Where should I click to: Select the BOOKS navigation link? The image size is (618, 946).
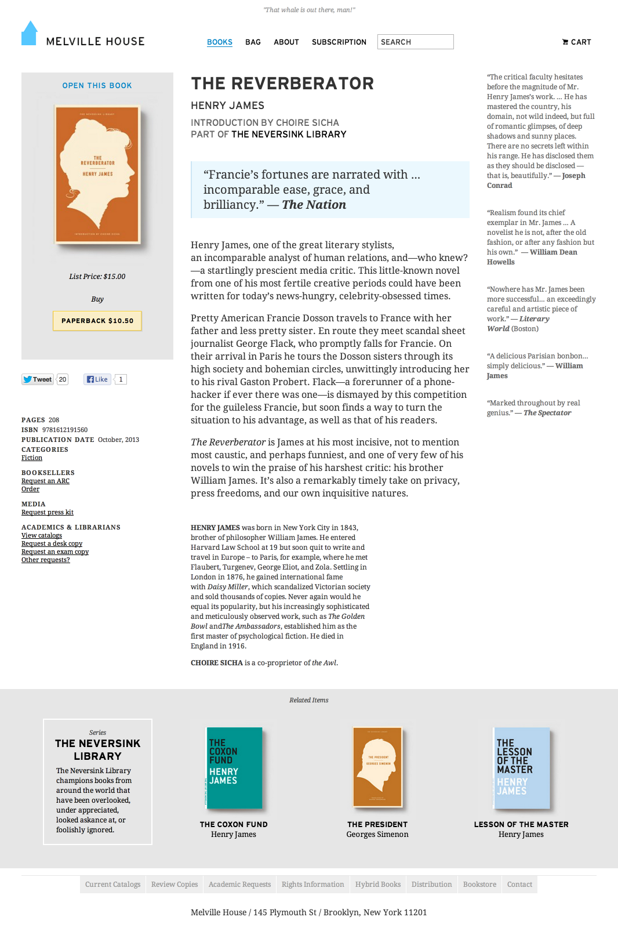click(x=220, y=42)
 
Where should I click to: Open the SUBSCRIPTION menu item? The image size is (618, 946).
click(x=339, y=42)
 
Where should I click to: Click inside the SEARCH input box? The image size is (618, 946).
click(x=415, y=42)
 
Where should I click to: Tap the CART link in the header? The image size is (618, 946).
click(x=577, y=42)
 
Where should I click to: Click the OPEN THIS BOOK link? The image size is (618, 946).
click(x=97, y=86)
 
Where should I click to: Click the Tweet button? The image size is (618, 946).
click(x=38, y=379)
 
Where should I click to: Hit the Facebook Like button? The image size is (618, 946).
click(x=97, y=379)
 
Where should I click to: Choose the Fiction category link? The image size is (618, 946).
click(x=32, y=458)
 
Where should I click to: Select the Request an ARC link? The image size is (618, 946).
click(x=45, y=481)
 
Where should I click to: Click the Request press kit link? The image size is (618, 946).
click(x=48, y=513)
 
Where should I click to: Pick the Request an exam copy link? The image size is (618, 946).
click(x=55, y=552)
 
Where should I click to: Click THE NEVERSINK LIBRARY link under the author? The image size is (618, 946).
click(x=289, y=135)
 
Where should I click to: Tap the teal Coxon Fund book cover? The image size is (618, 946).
click(x=235, y=767)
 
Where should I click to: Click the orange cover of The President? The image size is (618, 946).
click(x=377, y=767)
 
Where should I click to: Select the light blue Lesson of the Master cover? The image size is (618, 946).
click(x=521, y=767)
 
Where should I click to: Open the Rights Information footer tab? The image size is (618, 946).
click(x=312, y=885)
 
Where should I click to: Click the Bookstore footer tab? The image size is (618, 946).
click(x=479, y=885)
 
